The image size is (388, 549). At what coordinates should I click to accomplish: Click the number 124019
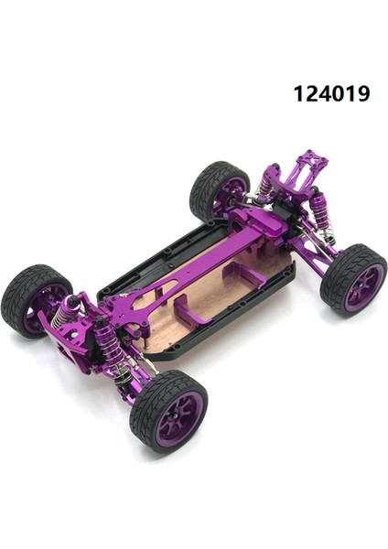pyautogui.click(x=331, y=93)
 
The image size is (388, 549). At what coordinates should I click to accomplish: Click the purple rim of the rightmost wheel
pyautogui.click(x=363, y=287)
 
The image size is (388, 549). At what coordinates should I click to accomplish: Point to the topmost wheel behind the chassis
pyautogui.click(x=218, y=190)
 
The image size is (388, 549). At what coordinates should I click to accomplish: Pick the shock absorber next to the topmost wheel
pyautogui.click(x=265, y=187)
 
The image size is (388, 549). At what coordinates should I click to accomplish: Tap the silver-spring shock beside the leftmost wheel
pyautogui.click(x=67, y=316)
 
